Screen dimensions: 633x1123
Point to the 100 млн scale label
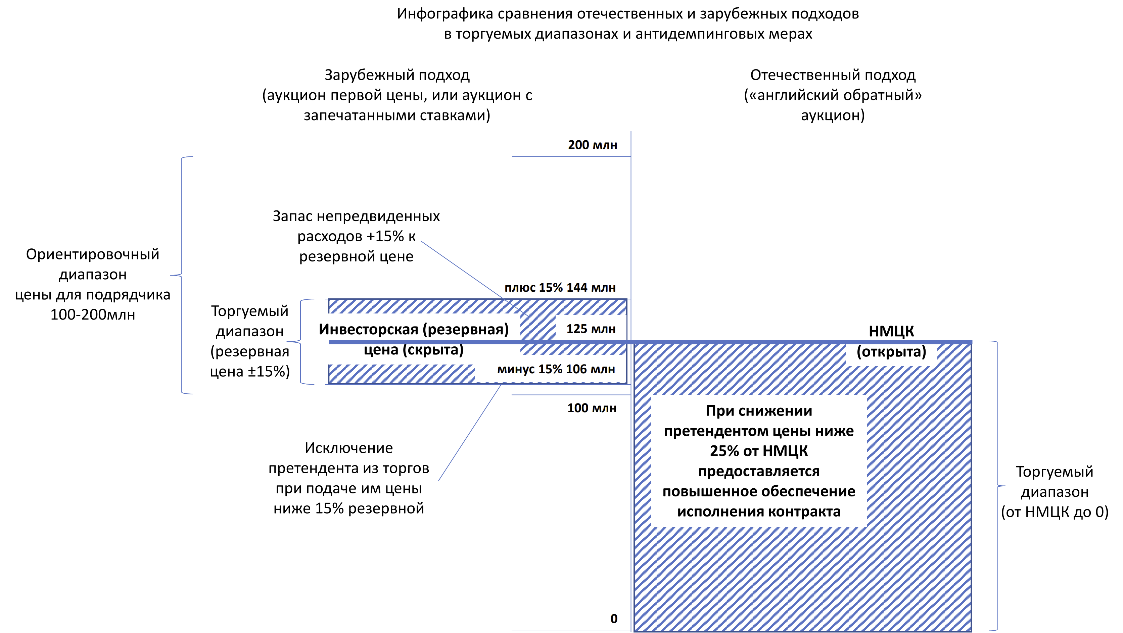(x=592, y=408)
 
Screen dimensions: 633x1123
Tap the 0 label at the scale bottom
(x=614, y=619)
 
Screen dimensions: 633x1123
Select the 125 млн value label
(x=591, y=329)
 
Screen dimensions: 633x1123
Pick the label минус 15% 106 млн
(x=556, y=369)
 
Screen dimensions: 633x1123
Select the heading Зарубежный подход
(x=397, y=75)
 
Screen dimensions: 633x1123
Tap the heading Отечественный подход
(x=833, y=75)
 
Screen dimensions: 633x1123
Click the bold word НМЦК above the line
(x=891, y=331)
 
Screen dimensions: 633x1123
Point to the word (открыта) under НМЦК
(x=891, y=352)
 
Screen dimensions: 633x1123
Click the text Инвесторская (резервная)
(x=413, y=330)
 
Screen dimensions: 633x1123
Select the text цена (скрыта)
(x=413, y=350)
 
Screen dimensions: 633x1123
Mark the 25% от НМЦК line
(x=758, y=451)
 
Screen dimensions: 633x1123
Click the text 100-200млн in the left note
(x=92, y=315)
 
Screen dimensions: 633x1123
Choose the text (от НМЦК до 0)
(x=1054, y=512)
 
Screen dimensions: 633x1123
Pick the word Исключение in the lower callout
(x=348, y=448)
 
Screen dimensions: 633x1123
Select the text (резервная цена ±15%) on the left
(x=250, y=361)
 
